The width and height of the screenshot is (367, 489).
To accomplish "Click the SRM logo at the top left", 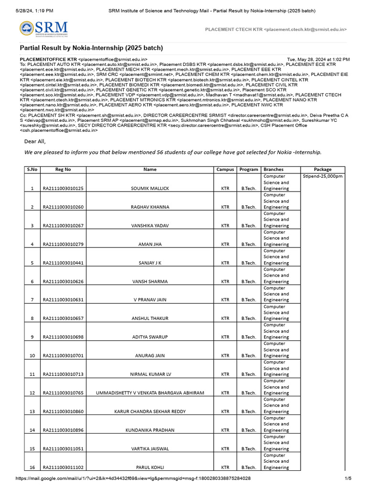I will (43, 29).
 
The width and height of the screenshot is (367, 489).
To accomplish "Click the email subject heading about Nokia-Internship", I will (91, 48).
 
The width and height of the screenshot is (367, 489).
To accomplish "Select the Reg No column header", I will (63, 170).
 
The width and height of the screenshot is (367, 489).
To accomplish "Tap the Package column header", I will (323, 170).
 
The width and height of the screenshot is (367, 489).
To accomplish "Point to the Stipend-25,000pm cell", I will (323, 176).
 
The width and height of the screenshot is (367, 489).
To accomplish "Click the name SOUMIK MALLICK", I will (150, 189).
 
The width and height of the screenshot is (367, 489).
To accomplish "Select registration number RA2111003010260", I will (63, 207).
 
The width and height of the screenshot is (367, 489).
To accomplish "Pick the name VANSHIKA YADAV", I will (150, 226).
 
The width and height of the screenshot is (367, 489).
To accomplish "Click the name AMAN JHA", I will (150, 244).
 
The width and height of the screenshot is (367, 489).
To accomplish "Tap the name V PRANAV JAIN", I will (150, 300).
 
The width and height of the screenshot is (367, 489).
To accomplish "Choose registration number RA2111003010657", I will (63, 319).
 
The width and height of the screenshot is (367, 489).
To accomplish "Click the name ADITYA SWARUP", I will (150, 337).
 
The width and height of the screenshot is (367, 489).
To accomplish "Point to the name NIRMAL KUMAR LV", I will (150, 374).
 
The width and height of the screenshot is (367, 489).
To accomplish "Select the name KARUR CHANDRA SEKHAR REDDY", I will (150, 412).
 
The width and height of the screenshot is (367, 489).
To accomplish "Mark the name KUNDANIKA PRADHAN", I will (150, 430).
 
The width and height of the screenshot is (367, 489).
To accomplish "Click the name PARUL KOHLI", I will (150, 468).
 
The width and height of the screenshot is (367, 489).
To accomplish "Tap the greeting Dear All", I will (35, 141).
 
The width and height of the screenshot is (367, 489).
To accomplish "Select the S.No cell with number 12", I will (32, 393).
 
